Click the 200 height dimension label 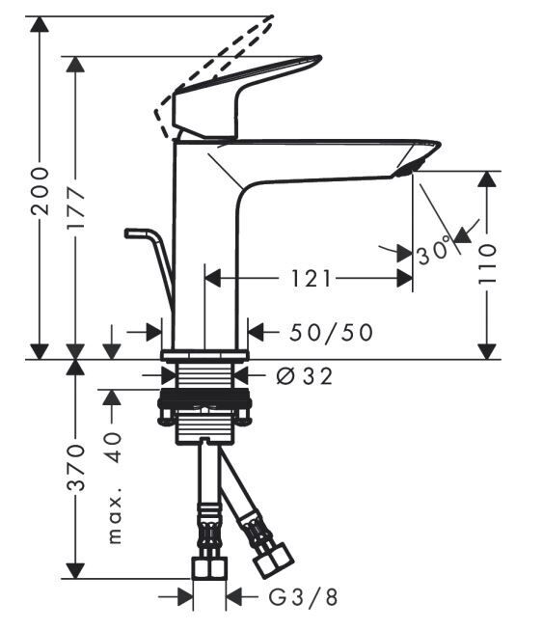[40, 191]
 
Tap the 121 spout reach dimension [312, 279]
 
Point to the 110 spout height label [487, 264]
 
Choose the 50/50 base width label [332, 332]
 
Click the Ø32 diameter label [305, 376]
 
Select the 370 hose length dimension [76, 467]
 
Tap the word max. [116, 519]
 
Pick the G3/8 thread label [303, 597]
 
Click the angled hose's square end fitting [275, 561]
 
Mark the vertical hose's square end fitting [209, 567]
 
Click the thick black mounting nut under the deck [205, 398]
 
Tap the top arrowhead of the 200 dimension [40, 24]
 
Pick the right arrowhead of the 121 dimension [405, 278]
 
